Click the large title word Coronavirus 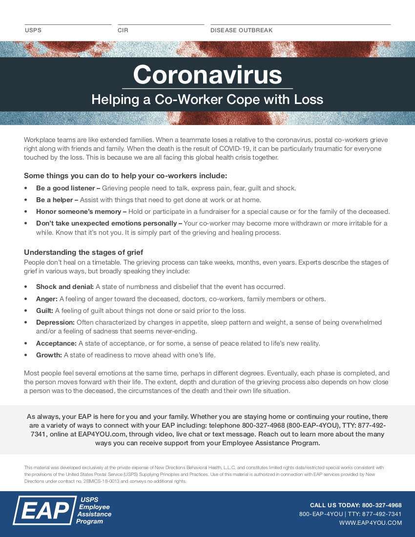click(x=207, y=75)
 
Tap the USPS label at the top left click(x=33, y=30)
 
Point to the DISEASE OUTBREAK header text click(x=241, y=30)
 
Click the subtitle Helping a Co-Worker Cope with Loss click(x=207, y=100)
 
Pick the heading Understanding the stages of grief click(x=83, y=252)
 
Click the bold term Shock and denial click(x=65, y=287)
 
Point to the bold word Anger click(x=47, y=299)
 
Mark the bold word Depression click(x=55, y=322)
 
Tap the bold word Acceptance click(x=56, y=343)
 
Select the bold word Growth click(x=49, y=355)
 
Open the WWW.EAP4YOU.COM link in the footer click(x=371, y=523)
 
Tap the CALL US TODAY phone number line click(x=356, y=505)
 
